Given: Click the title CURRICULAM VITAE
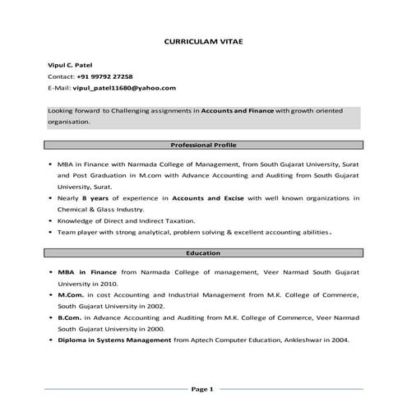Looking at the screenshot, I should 203,39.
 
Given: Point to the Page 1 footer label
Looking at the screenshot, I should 202,388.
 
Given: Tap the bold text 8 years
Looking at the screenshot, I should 96,198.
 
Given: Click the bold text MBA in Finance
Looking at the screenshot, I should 87,271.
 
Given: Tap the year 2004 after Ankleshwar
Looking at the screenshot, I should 340,340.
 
